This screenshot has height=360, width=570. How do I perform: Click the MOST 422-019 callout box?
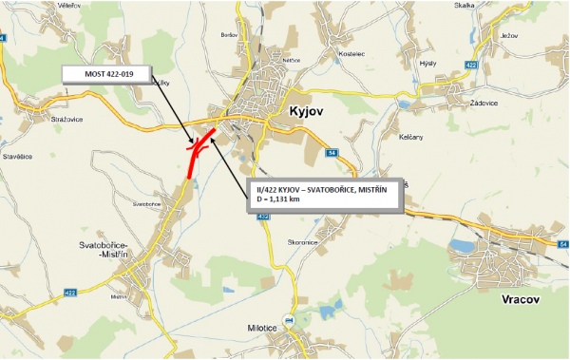[107, 73]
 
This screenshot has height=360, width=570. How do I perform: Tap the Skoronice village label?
[302, 242]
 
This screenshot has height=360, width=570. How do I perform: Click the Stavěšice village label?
[17, 156]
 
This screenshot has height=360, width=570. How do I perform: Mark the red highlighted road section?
[195, 157]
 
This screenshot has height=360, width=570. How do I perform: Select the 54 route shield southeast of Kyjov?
[332, 152]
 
